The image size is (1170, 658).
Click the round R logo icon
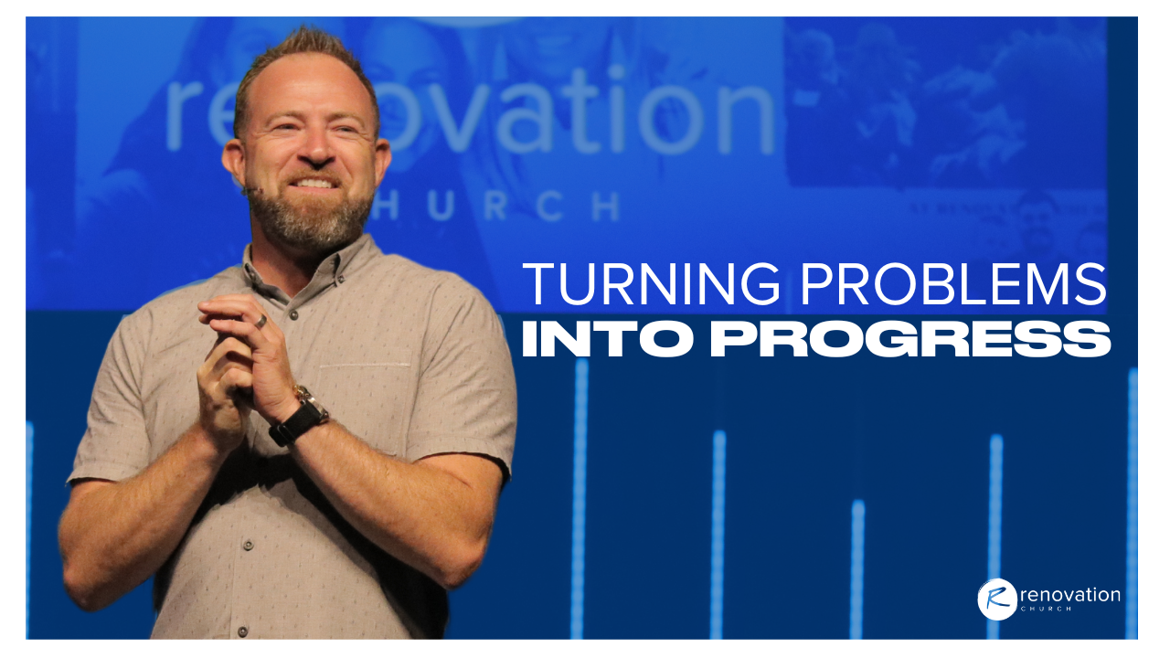point(997,600)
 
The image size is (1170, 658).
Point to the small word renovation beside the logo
point(1070,595)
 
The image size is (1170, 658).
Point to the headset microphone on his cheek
point(251,190)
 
